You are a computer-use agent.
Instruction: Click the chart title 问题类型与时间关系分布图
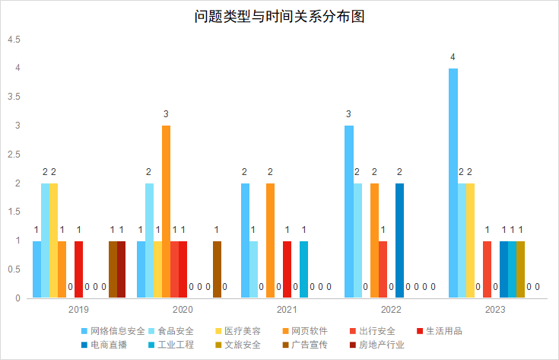(x=279, y=17)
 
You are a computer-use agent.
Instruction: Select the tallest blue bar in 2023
(x=453, y=183)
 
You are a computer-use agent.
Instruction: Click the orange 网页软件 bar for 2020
(x=166, y=212)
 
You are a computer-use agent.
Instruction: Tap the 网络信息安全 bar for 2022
(x=349, y=212)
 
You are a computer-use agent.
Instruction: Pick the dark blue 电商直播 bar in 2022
(x=399, y=241)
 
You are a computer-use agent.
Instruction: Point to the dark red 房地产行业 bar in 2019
(x=121, y=269)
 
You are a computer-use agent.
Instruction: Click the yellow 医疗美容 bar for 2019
(x=54, y=241)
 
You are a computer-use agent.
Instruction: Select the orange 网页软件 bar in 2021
(x=270, y=241)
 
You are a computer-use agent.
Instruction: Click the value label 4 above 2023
(x=453, y=57)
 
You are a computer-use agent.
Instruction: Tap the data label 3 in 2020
(x=166, y=114)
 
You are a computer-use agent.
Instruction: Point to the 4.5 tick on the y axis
(x=14, y=40)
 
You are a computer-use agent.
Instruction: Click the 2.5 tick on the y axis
(x=14, y=155)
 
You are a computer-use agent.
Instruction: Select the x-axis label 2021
(x=287, y=310)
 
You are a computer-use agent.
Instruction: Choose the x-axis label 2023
(x=494, y=310)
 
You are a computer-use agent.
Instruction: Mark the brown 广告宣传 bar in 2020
(x=217, y=269)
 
